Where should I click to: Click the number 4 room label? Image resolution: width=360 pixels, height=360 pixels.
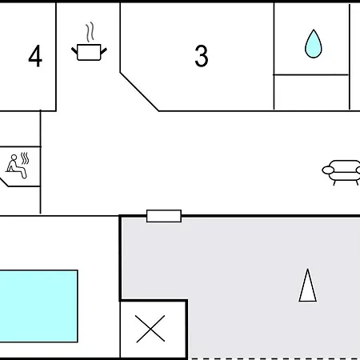tap(35, 56)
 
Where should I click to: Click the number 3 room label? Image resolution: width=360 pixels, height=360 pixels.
tap(202, 56)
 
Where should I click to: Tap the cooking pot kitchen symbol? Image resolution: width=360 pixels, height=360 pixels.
tap(89, 52)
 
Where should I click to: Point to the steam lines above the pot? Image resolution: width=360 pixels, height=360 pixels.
tap(90, 32)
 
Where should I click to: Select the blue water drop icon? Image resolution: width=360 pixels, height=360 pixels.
tap(314, 44)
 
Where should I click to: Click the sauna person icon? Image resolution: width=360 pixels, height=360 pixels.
tap(17, 166)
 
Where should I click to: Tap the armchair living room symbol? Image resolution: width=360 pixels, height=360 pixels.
tap(342, 172)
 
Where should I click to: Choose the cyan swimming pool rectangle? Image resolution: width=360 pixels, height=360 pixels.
tap(38, 306)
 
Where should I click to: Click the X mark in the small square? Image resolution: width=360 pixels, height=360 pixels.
tap(150, 329)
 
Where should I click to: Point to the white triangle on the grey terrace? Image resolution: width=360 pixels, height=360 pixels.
tap(308, 286)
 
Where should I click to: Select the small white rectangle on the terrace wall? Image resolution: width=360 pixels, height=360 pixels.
tap(164, 216)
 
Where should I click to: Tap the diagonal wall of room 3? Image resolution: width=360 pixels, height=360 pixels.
tap(139, 91)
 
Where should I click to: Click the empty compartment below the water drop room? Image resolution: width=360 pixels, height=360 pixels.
tap(311, 92)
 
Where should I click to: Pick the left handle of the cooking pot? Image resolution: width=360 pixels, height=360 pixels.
tap(74, 50)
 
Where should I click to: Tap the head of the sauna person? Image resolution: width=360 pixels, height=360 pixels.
tap(14, 158)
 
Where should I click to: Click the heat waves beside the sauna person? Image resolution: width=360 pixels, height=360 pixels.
tap(25, 158)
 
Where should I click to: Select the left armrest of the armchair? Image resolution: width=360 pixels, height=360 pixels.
tap(328, 170)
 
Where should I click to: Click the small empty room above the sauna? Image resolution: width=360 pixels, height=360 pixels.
tap(20, 129)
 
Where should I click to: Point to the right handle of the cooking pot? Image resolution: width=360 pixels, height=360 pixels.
tap(104, 50)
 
